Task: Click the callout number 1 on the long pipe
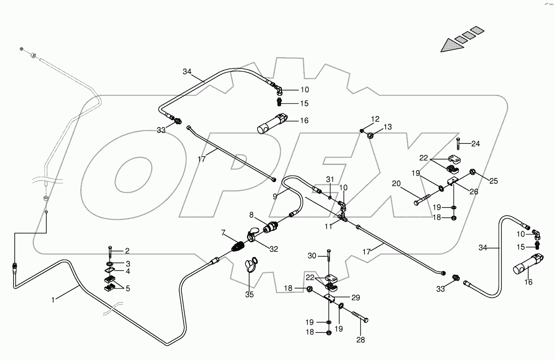(x=53, y=300)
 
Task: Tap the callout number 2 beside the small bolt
(x=127, y=251)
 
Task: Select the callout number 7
(x=223, y=233)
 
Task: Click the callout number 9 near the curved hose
(x=275, y=196)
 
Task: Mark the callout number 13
(x=388, y=128)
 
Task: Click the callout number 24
(x=475, y=144)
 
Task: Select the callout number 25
(x=493, y=181)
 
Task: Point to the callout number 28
(x=360, y=340)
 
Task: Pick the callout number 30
(x=312, y=255)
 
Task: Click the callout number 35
(x=250, y=294)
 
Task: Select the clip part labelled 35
(x=250, y=264)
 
